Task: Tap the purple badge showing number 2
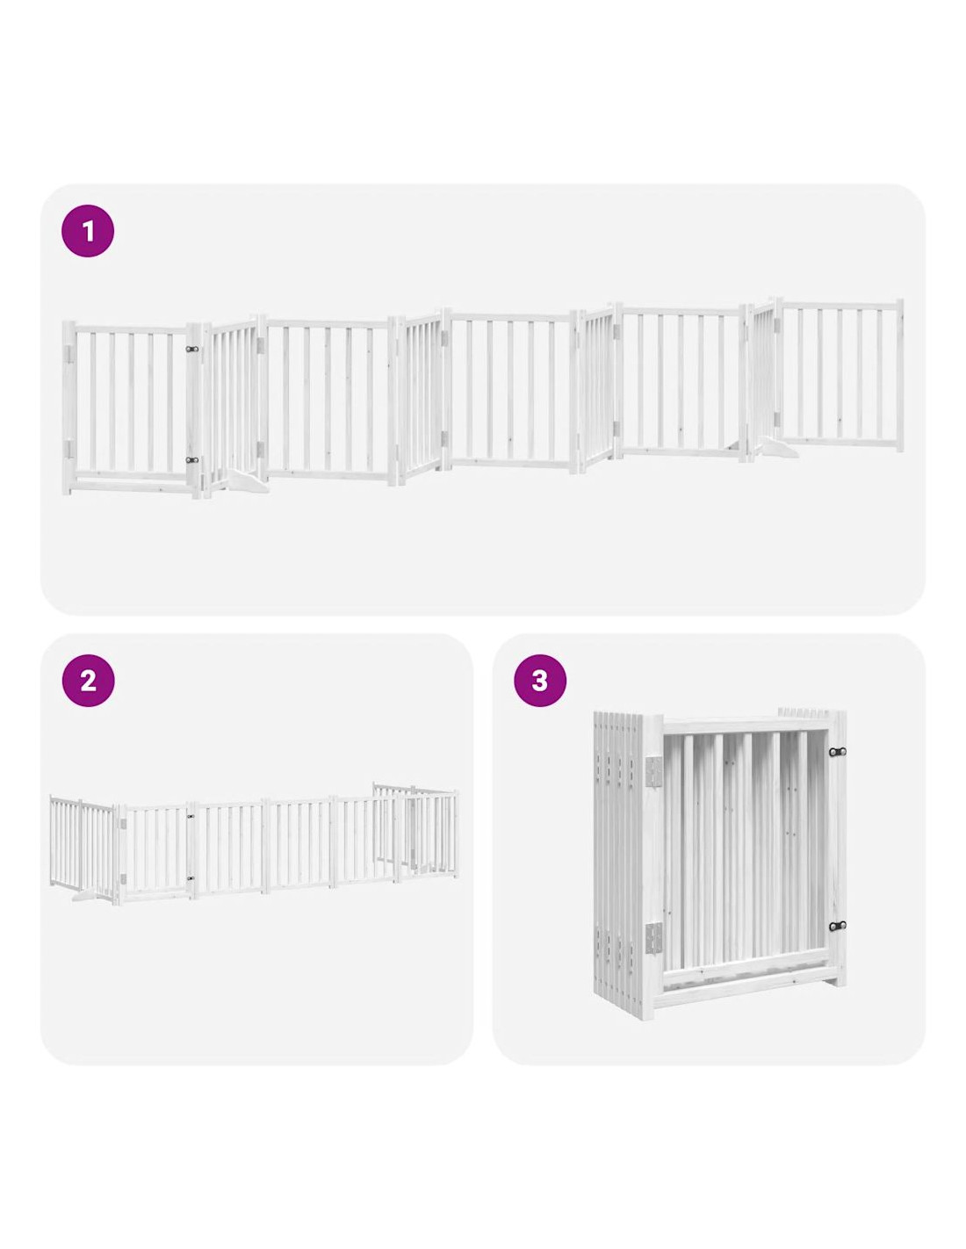coord(88,681)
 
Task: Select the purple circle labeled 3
coord(539,681)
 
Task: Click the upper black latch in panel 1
coord(192,349)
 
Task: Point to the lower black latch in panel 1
coord(192,460)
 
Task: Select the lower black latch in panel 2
coord(191,877)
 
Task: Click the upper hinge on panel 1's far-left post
coord(69,353)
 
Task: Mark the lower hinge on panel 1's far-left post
coord(69,449)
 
